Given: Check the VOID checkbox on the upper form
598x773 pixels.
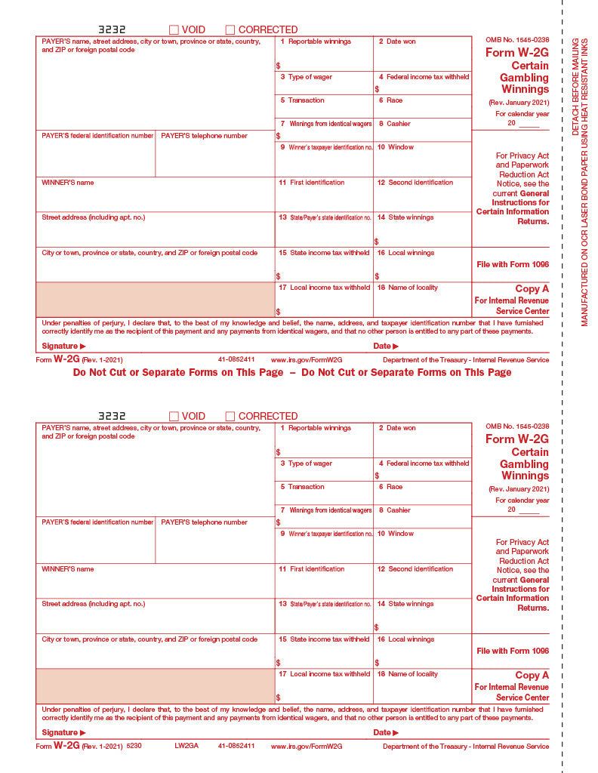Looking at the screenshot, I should [x=174, y=30].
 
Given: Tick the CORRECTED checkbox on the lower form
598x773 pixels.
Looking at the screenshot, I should [x=230, y=417].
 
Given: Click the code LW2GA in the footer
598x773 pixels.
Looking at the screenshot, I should [x=185, y=746].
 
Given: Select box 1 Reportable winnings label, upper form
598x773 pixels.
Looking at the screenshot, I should [x=315, y=42].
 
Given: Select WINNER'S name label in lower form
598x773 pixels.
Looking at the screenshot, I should [x=68, y=569].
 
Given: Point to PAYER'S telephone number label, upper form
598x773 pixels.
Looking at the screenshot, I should [x=204, y=136].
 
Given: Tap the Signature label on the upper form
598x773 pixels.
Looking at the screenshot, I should [x=63, y=346].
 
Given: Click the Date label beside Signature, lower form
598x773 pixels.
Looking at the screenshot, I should [x=385, y=733].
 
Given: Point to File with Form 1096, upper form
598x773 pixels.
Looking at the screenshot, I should [x=513, y=265].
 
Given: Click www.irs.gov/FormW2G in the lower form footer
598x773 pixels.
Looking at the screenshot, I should [x=307, y=746].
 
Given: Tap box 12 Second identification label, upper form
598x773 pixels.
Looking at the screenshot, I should [x=415, y=183].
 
